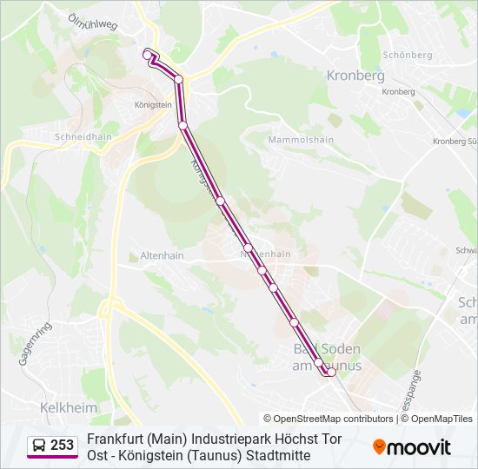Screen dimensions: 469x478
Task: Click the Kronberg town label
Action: pyautogui.click(x=355, y=76)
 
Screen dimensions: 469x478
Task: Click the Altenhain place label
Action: pyautogui.click(x=162, y=256)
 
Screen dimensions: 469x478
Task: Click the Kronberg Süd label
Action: pyautogui.click(x=455, y=142)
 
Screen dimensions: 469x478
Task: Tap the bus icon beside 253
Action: pyautogui.click(x=38, y=446)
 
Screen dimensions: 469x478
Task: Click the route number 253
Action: pyautogui.click(x=63, y=446)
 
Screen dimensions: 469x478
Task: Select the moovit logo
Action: pyautogui.click(x=412, y=447)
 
